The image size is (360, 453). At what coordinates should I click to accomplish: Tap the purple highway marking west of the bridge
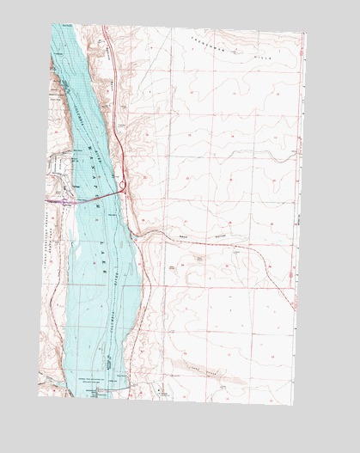click(x=62, y=202)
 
